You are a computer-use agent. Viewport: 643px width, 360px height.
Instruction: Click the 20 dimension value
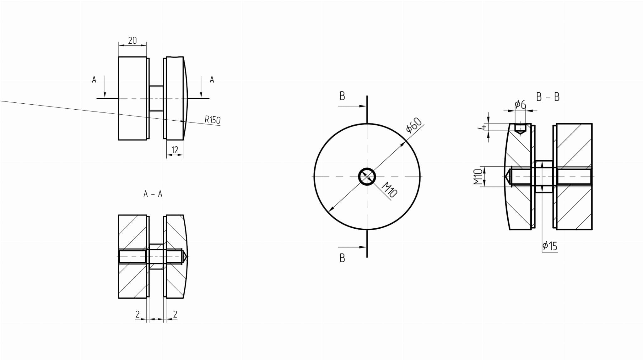point(132,40)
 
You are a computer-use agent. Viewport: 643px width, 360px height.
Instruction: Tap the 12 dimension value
point(175,150)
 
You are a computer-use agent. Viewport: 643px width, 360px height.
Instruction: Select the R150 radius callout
point(213,120)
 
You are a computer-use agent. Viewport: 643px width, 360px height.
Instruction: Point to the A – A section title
point(153,194)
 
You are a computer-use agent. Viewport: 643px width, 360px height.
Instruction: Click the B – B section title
point(548,97)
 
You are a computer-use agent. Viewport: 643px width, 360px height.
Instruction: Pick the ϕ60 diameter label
point(414,125)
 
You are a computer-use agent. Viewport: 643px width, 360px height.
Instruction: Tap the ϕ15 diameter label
point(550,246)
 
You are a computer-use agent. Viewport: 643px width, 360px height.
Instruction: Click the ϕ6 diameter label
point(521,104)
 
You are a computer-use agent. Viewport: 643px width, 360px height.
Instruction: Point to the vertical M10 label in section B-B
point(478,177)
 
